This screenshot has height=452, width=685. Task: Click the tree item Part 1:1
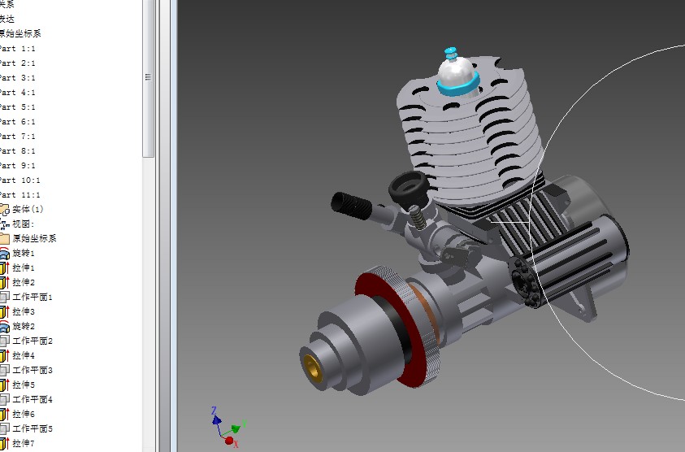(x=18, y=48)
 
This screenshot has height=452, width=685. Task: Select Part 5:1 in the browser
(x=18, y=106)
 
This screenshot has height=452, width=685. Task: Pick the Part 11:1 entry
(x=20, y=194)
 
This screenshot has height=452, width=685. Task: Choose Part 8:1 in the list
(x=18, y=150)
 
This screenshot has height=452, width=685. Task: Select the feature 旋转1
(x=24, y=253)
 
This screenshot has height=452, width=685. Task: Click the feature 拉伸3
(x=24, y=311)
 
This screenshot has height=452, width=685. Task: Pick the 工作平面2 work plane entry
(x=32, y=341)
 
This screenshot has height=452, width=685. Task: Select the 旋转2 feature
(x=24, y=326)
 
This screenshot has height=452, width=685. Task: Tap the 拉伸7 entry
(x=24, y=443)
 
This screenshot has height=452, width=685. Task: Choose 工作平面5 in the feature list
(x=32, y=428)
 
